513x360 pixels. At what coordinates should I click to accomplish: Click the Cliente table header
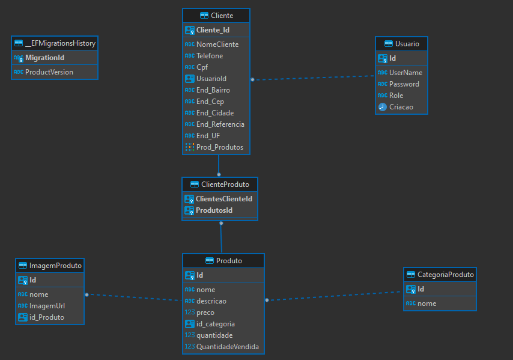216,16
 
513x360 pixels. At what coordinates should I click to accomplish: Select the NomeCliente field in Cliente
217,44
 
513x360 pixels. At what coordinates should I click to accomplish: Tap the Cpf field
203,67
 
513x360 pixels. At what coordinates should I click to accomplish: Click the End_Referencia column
220,124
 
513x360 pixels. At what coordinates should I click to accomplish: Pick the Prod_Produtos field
219,147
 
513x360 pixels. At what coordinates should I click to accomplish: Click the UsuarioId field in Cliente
211,79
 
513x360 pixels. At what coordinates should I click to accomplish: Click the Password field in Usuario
404,84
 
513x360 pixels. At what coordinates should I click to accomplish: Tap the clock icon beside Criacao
382,107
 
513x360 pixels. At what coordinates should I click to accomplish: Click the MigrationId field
44,58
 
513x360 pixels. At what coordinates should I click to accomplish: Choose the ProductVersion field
49,72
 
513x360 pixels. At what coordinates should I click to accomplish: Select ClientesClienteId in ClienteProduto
223,199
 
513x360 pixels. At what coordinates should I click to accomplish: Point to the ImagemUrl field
47,306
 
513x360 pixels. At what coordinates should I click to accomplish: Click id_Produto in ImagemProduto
46,317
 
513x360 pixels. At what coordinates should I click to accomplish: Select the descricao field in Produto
211,301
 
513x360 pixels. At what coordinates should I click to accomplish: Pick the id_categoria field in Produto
215,324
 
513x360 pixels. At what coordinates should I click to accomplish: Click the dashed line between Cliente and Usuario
312,78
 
